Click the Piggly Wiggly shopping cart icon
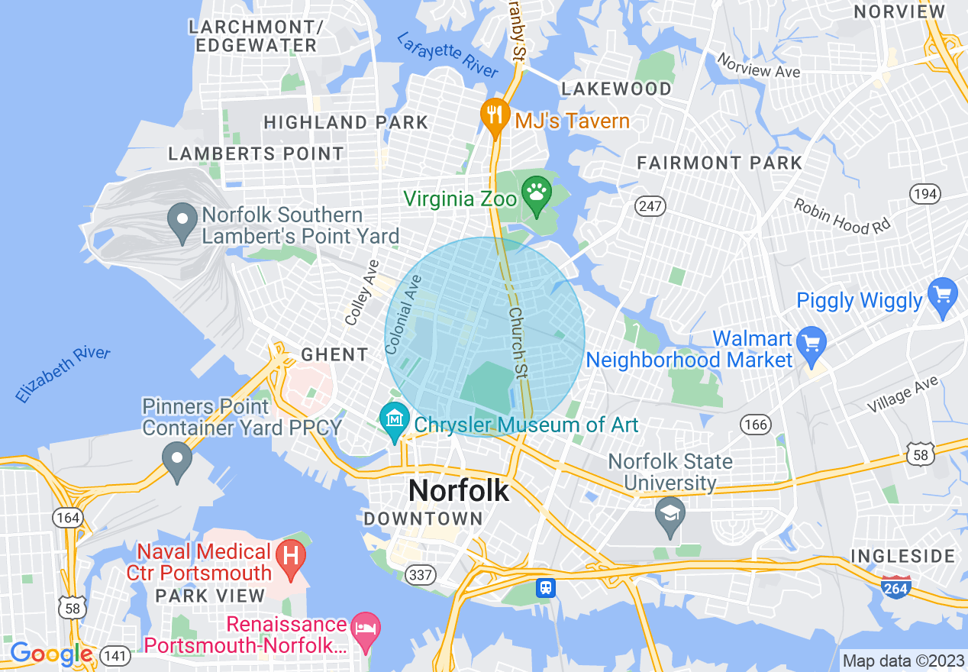pos(942,295)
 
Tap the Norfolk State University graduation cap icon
pos(670,515)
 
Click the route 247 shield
pos(650,205)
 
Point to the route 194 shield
pos(924,194)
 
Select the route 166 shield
pos(756,425)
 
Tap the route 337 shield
pos(421,574)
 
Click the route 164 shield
pos(67,518)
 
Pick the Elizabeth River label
pos(63,374)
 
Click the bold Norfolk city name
pos(458,490)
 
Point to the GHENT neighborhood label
pos(334,354)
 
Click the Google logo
pos(50,654)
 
